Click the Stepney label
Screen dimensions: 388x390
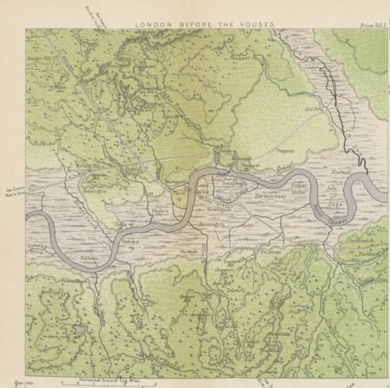pyautogui.click(x=285, y=151)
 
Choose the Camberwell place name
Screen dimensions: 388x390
pyautogui.click(x=243, y=248)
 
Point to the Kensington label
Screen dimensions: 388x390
pyautogui.click(x=95, y=191)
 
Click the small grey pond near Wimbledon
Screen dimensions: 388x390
pyautogui.click(x=80, y=329)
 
